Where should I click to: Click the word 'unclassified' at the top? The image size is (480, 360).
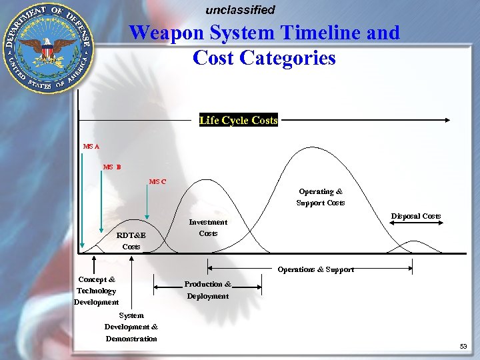240,10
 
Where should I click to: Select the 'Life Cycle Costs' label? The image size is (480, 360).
238,121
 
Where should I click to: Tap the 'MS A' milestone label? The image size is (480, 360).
91,146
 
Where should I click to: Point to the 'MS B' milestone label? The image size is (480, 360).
112,167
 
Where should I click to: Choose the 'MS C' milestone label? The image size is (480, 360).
158,181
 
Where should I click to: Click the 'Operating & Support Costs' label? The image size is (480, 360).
321,197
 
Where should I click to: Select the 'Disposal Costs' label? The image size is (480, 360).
415,216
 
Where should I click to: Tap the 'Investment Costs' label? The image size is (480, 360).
208,228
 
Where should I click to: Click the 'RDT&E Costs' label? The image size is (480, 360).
131,241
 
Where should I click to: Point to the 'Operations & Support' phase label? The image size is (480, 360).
316,269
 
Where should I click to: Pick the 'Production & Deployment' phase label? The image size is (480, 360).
208,290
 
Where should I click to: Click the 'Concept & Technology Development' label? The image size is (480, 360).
97,291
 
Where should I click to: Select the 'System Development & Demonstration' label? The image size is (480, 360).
131,327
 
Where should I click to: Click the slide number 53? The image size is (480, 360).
463,347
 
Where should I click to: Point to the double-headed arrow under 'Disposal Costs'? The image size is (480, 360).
415,224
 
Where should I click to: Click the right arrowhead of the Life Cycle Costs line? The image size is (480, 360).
448,121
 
